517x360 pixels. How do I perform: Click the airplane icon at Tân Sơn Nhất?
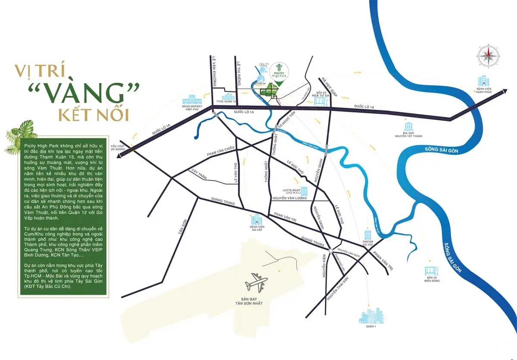pyautogui.click(x=256, y=283)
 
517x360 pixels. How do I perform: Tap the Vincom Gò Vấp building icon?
pyautogui.click(x=368, y=235)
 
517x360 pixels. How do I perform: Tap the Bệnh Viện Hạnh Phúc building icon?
pyautogui.click(x=482, y=81)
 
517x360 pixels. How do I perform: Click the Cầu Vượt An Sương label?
pyautogui.click(x=117, y=148)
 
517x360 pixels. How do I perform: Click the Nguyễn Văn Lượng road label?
pyautogui.click(x=289, y=198)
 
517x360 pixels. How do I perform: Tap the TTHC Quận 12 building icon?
pyautogui.click(x=227, y=98)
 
